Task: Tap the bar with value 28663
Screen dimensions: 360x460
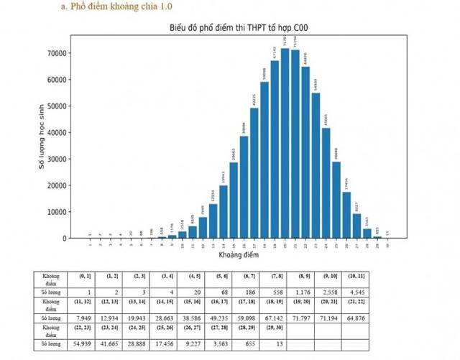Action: pos(234,200)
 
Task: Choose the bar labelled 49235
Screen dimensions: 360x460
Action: pos(254,173)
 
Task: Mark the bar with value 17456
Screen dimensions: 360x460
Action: pos(346,215)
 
